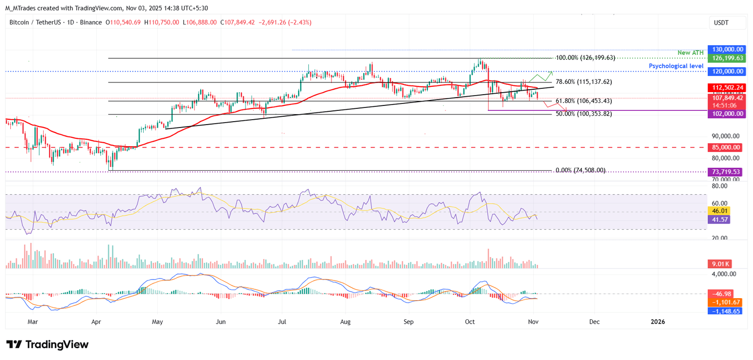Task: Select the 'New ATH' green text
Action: click(x=691, y=52)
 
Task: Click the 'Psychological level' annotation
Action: click(x=676, y=66)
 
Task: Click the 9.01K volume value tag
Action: click(x=721, y=263)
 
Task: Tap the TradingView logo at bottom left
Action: click(x=47, y=344)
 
